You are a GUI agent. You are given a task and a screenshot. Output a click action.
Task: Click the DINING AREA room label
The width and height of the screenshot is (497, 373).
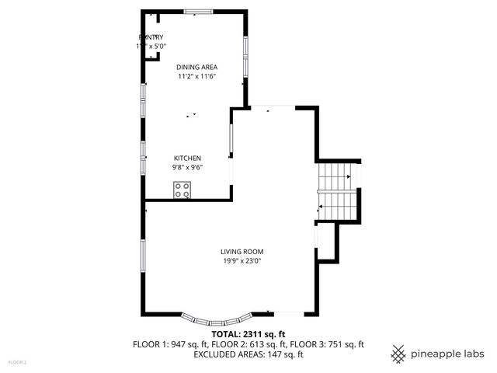[196, 68]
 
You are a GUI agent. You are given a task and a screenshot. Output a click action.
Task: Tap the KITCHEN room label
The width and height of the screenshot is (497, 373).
[187, 159]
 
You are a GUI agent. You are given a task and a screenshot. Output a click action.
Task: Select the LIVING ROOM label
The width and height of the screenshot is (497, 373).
[242, 252]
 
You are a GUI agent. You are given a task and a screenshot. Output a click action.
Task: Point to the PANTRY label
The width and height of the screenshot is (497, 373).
[151, 37]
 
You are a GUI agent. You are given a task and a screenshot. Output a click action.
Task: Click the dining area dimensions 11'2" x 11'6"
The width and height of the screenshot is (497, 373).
[196, 77]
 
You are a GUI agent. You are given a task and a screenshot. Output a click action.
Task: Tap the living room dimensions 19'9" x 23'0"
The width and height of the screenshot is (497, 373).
[242, 261]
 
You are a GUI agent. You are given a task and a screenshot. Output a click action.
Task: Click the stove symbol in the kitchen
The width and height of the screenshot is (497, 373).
[182, 189]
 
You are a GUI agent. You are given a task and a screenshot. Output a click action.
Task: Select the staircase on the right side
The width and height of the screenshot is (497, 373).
[337, 190]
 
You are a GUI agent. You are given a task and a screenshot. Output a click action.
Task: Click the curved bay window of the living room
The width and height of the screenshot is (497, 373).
[217, 319]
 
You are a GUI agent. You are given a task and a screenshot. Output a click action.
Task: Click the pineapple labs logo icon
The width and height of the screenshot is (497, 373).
[398, 354]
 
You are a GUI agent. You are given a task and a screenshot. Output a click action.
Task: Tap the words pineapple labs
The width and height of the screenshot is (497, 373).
[449, 354]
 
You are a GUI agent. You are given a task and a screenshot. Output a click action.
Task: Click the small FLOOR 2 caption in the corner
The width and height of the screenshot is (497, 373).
[17, 362]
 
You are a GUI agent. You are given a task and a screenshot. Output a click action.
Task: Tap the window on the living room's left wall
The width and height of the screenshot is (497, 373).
[143, 256]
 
